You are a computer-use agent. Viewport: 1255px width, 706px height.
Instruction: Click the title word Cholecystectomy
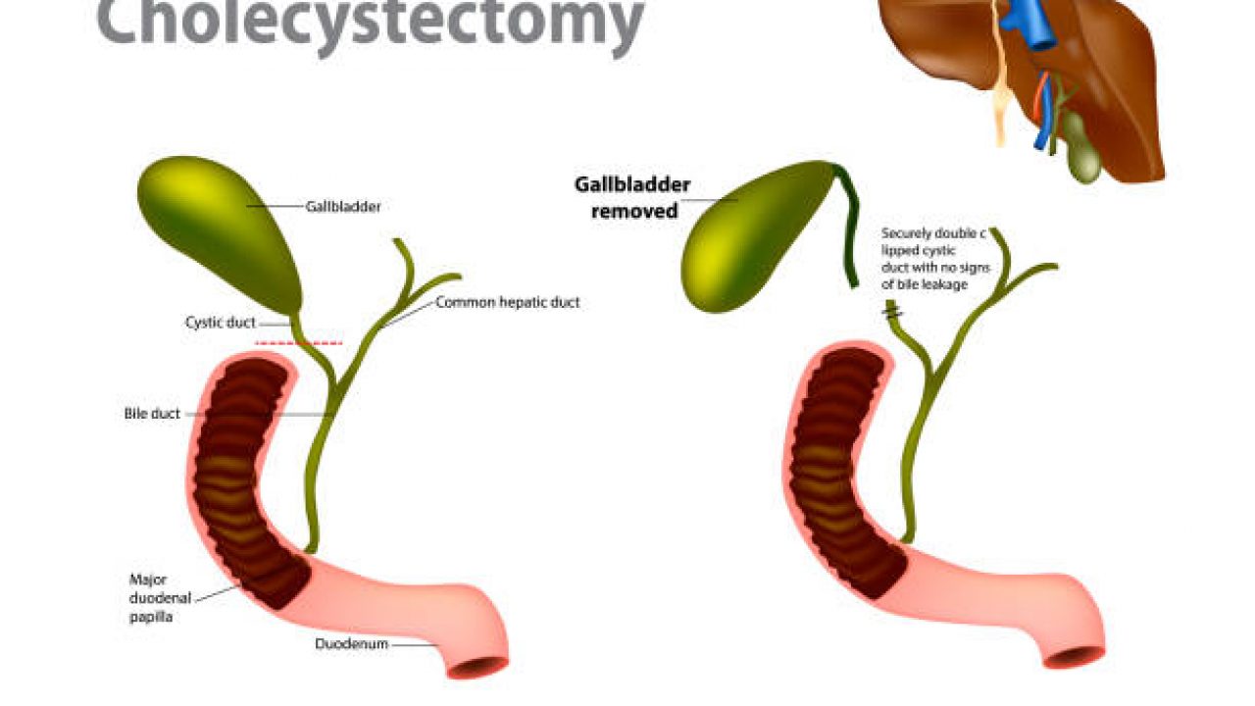pos(371,22)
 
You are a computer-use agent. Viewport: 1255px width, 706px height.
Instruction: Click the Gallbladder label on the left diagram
pos(343,207)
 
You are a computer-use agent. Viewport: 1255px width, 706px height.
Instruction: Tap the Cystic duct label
pos(220,322)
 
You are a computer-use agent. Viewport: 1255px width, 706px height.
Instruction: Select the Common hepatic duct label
pos(507,302)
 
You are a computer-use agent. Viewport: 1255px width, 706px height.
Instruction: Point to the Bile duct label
pos(152,414)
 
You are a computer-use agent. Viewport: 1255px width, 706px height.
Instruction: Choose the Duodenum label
pos(351,644)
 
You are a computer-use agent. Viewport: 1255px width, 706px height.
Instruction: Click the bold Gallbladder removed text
pos(633,197)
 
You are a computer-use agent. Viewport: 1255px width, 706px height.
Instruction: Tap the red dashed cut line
pos(299,343)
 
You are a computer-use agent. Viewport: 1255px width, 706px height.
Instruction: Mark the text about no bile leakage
pos(932,259)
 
